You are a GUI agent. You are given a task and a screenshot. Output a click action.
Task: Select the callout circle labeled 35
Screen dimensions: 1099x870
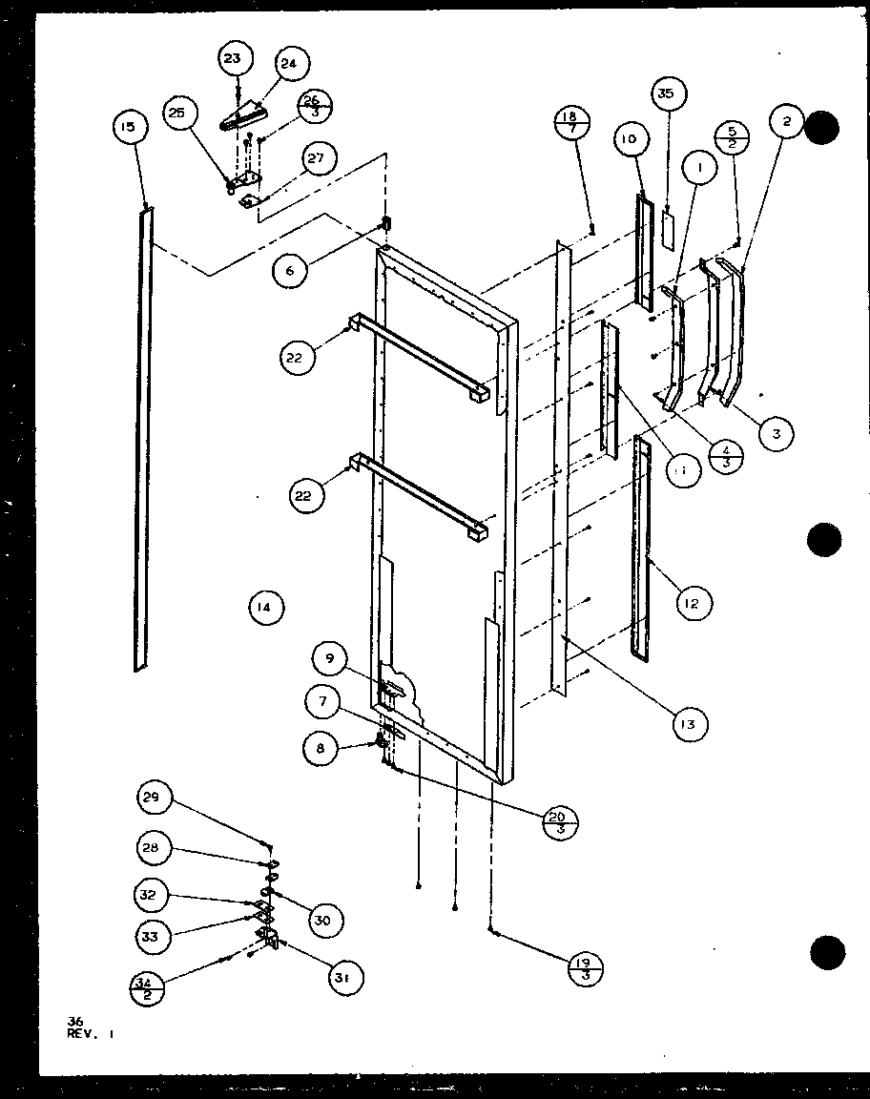click(x=665, y=93)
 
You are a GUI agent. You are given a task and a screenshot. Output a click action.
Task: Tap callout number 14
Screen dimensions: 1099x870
click(x=264, y=606)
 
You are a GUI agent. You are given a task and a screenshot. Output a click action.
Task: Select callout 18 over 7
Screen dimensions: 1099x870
click(x=572, y=122)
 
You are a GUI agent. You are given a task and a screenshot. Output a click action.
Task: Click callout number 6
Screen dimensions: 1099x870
click(x=290, y=271)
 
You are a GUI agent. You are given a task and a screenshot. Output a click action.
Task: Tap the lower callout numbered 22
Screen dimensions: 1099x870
click(x=307, y=495)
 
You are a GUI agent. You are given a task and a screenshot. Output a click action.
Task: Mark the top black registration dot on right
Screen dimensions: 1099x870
click(x=823, y=128)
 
